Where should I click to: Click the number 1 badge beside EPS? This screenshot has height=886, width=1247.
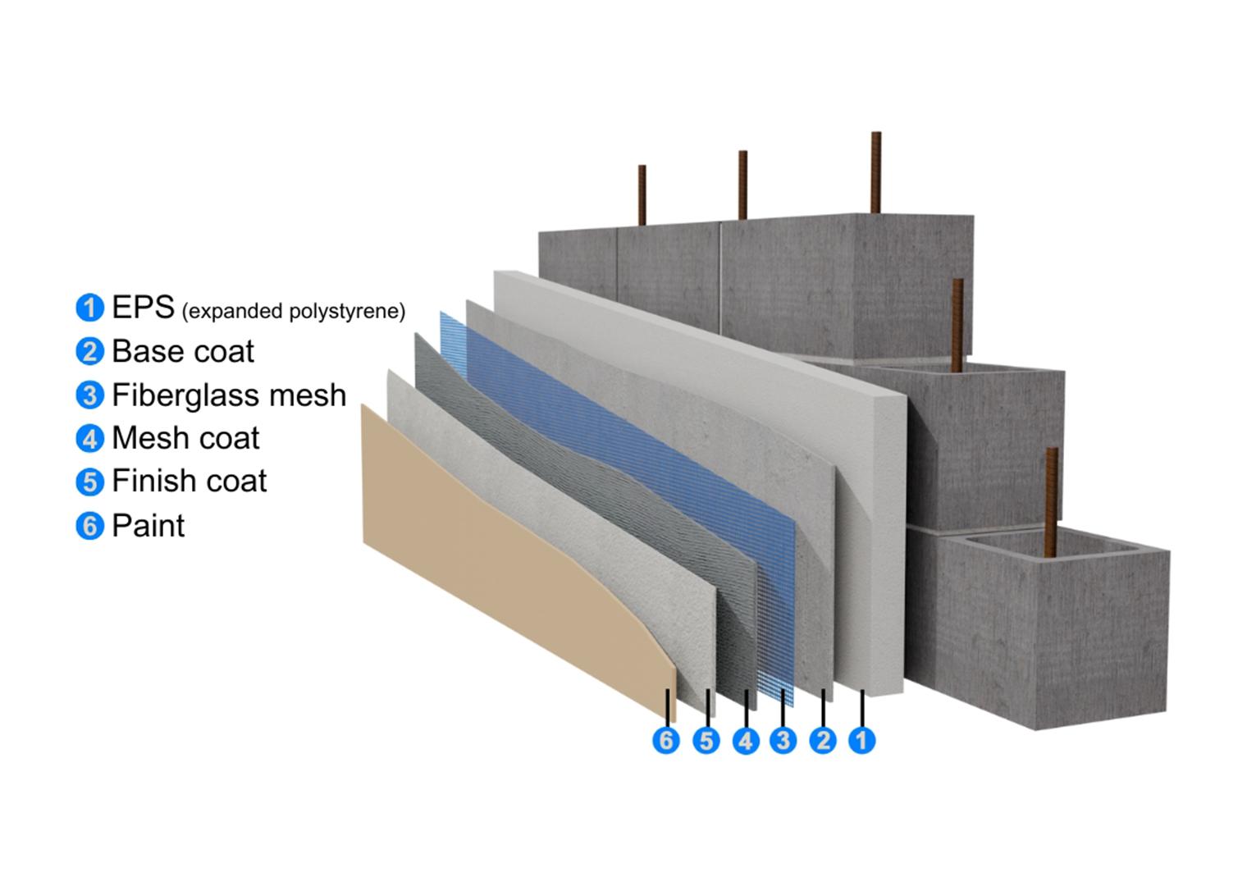pyautogui.click(x=89, y=308)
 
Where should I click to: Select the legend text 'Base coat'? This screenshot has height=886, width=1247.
pyautogui.click(x=182, y=351)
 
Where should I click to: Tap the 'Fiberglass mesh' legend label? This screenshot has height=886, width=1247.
pyautogui.click(x=229, y=395)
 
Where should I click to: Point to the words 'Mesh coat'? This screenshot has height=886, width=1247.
pyautogui.click(x=185, y=438)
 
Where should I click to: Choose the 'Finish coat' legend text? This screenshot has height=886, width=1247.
pyautogui.click(x=189, y=481)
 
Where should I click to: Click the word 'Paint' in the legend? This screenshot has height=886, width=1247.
pyautogui.click(x=148, y=525)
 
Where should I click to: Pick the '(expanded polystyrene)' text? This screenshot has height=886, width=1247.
pyautogui.click(x=293, y=312)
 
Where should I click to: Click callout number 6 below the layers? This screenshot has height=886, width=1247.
pyautogui.click(x=666, y=741)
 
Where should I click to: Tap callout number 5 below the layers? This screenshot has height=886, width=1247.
pyautogui.click(x=706, y=741)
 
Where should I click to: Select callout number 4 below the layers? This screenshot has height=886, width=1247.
pyautogui.click(x=745, y=741)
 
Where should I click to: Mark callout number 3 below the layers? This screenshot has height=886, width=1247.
pyautogui.click(x=783, y=741)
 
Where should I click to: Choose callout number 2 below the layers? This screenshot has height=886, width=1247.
pyautogui.click(x=822, y=741)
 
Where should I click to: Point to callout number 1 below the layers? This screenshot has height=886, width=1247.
pyautogui.click(x=861, y=741)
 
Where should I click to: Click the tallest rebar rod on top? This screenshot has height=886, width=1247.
pyautogui.click(x=875, y=172)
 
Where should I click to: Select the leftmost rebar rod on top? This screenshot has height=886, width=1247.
pyautogui.click(x=642, y=194)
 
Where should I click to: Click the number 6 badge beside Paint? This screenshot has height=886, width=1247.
pyautogui.click(x=89, y=525)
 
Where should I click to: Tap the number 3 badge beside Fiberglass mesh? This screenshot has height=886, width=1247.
pyautogui.click(x=89, y=395)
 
